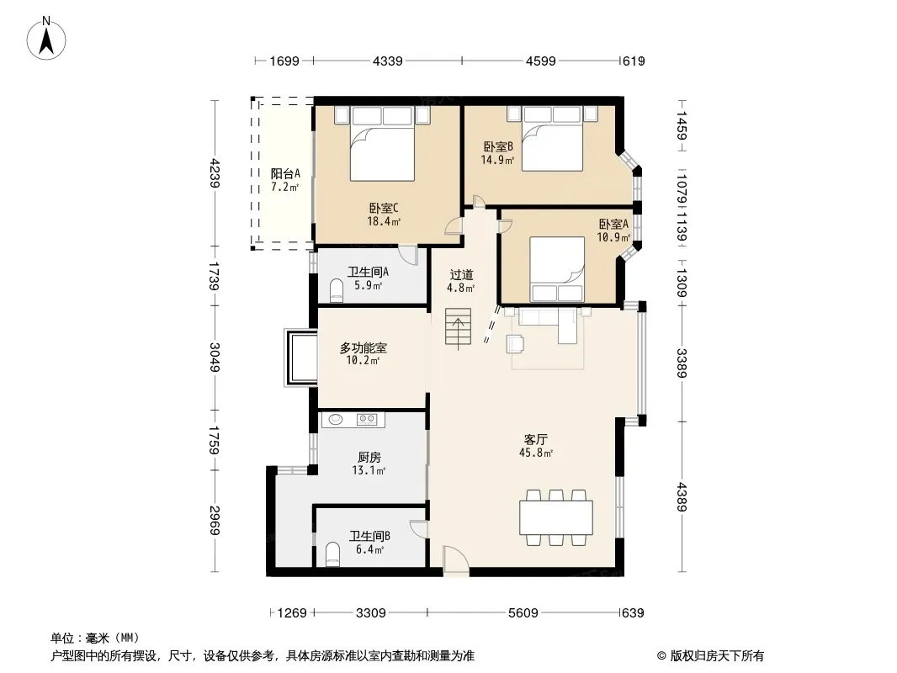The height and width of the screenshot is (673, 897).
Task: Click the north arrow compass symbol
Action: click(46, 38)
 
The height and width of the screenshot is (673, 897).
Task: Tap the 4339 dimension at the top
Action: click(387, 61)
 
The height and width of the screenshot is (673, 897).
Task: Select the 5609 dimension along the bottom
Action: click(523, 613)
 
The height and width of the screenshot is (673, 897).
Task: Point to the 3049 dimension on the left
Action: click(215, 357)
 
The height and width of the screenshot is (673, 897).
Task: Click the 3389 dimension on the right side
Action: click(682, 363)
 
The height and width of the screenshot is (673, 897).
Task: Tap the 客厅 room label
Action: click(535, 439)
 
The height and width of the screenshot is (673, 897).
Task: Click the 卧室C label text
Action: click(383, 208)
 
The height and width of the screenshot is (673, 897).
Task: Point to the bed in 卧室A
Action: click(556, 268)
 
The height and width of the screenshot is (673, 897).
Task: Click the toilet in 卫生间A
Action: click(337, 289)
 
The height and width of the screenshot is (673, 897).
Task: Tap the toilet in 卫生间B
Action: click(332, 554)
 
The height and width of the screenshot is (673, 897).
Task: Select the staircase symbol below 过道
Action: click(459, 326)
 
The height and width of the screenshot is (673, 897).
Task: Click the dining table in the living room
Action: click(556, 517)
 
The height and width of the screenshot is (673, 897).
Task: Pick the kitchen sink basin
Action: click(335, 420)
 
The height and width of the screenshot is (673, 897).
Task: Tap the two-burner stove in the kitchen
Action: click(367, 420)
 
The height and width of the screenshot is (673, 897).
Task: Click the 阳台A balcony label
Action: click(285, 173)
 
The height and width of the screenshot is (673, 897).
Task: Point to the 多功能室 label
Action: click(364, 347)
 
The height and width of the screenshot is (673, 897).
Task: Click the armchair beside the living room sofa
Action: click(515, 343)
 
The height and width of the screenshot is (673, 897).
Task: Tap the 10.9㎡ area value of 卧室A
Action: click(613, 236)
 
